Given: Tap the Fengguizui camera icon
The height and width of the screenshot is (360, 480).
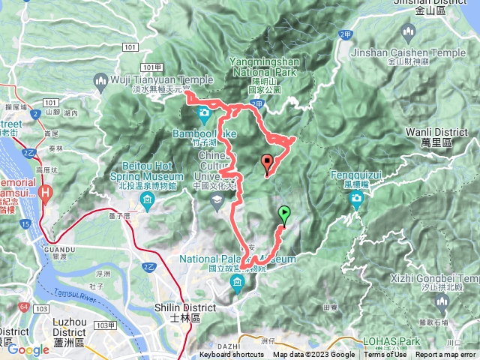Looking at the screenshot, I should [x=356, y=199].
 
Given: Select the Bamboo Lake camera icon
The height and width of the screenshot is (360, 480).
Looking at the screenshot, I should [x=204, y=114].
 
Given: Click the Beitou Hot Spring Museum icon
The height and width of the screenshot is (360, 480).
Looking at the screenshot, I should [x=148, y=199].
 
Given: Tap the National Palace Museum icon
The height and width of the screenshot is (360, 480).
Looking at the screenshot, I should [x=238, y=282].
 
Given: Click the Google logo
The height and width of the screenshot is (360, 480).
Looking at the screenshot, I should [x=28, y=349].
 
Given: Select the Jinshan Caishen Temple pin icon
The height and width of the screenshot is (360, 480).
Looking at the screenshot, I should [x=408, y=33].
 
